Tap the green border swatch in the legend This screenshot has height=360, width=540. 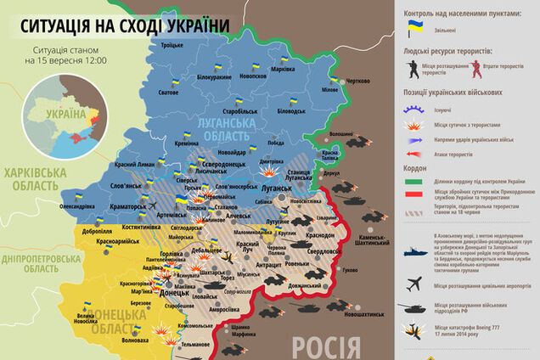tap(414, 181)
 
